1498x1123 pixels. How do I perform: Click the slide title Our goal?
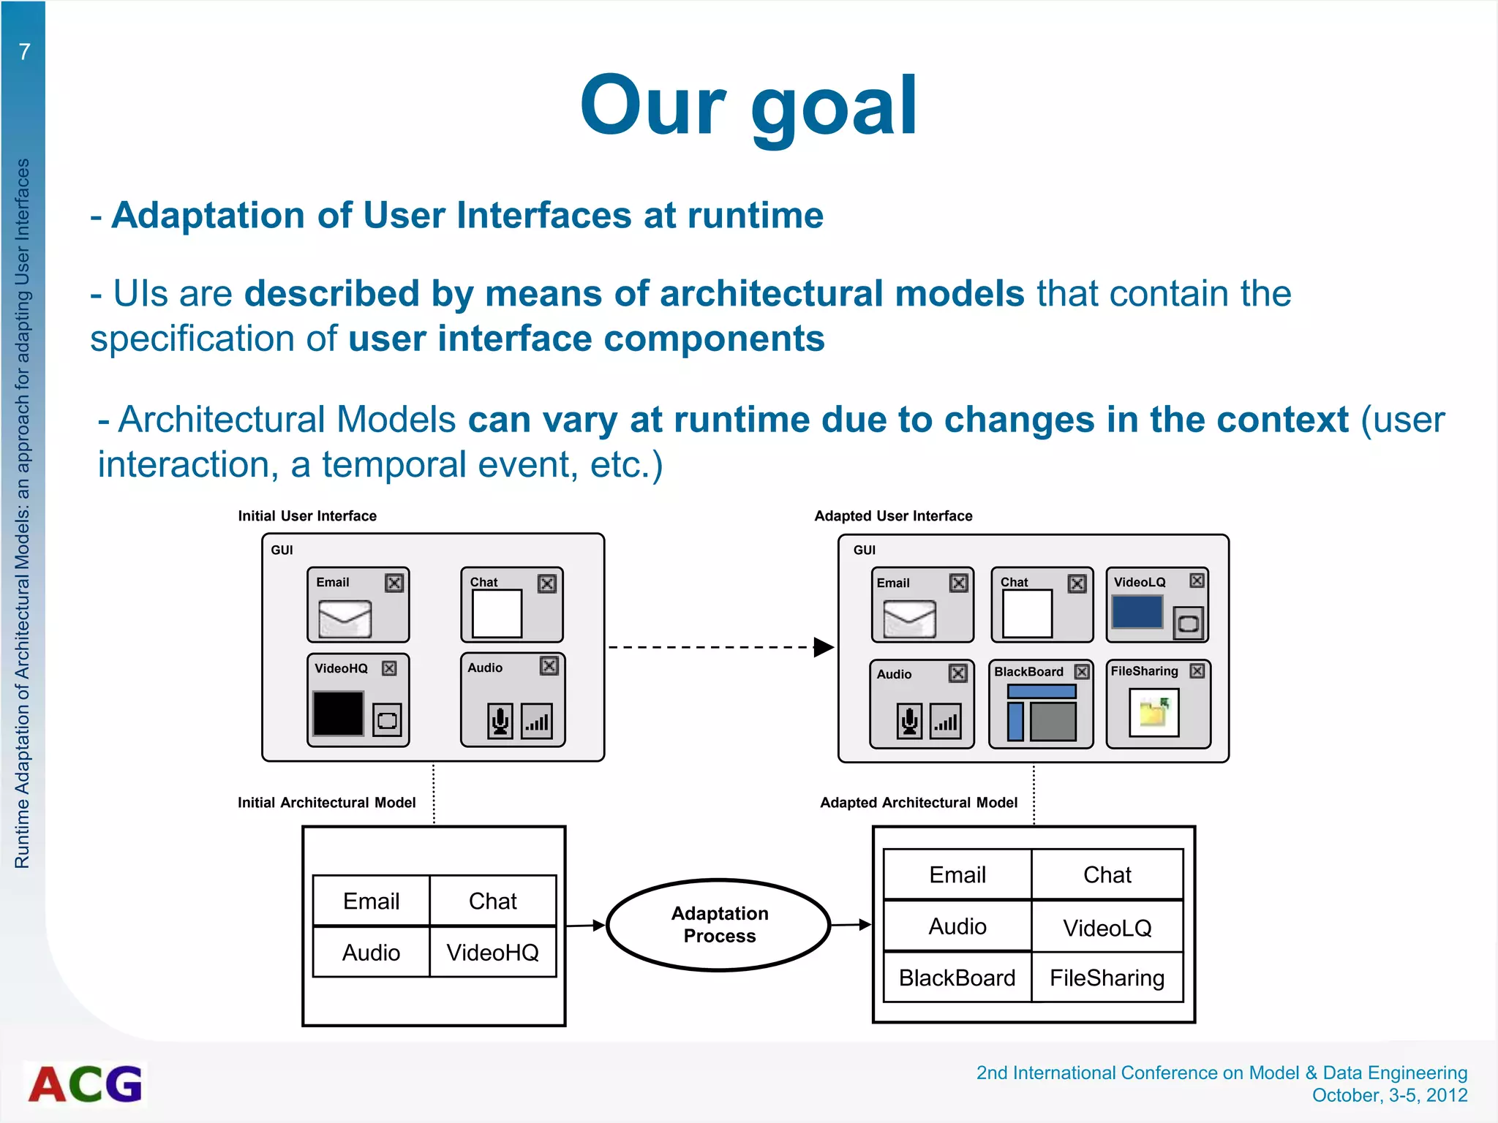[748, 106]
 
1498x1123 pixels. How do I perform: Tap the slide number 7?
[24, 51]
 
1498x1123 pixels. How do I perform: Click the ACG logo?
[86, 1084]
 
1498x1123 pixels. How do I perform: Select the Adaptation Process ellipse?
[719, 925]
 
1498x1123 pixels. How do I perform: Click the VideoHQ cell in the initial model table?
[492, 952]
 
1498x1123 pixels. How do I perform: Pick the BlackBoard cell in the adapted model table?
[957, 978]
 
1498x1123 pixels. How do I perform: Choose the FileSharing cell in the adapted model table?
[1107, 978]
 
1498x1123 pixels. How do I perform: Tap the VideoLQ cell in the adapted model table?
[1107, 928]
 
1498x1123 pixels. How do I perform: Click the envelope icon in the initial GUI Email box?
[345, 619]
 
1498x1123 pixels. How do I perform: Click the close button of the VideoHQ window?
[389, 668]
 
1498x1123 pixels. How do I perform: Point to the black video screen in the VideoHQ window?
[338, 713]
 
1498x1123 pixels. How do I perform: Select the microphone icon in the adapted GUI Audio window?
[909, 722]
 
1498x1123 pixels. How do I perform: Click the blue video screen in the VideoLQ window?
[1137, 612]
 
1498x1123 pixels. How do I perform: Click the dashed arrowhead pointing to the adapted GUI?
[824, 647]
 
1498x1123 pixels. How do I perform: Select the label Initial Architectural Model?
[326, 803]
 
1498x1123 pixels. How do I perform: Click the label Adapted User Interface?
[893, 516]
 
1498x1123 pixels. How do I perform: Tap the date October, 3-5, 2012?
[1389, 1095]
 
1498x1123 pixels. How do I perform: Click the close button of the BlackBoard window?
[1082, 671]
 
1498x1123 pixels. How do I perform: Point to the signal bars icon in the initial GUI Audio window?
[537, 722]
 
